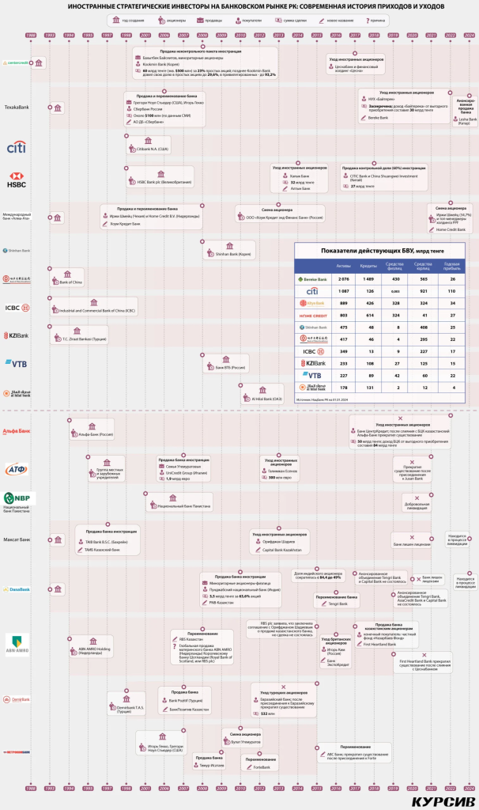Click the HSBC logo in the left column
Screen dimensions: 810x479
[x=17, y=180]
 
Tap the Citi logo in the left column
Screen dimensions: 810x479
[x=16, y=148]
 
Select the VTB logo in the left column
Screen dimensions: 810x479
[x=17, y=364]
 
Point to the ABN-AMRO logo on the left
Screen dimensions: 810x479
[x=17, y=643]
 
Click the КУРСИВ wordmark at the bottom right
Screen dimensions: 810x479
[x=443, y=801]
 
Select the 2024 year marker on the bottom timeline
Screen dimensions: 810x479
[x=470, y=788]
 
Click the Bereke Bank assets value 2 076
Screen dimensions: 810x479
[x=343, y=279]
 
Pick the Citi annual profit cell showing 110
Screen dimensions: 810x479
[x=452, y=291]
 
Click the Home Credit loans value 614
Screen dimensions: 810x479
[x=368, y=315]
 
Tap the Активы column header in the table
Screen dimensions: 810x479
[x=343, y=266]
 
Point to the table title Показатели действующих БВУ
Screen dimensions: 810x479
[x=379, y=251]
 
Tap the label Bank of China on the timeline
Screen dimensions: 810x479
[x=72, y=282]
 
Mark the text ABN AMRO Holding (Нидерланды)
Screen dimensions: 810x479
[x=99, y=652]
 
